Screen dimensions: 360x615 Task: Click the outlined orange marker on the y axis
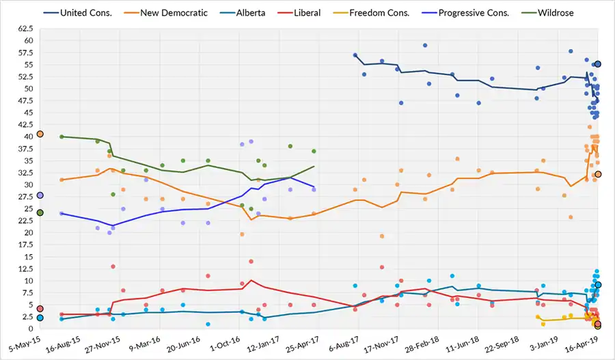40,134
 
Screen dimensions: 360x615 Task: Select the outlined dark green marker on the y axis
40,212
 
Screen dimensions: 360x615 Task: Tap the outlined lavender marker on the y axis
40,195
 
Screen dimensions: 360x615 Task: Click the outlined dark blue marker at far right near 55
598,64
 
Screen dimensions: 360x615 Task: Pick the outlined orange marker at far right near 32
598,174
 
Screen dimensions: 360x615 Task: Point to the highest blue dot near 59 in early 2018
425,46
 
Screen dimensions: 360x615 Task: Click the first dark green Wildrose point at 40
61,137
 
